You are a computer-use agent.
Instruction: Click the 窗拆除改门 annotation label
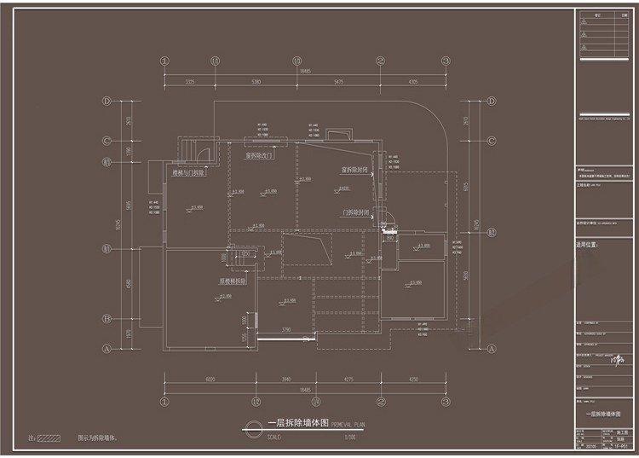click(259, 156)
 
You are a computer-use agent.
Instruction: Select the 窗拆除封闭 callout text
click(354, 169)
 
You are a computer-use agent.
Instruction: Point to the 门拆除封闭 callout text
click(356, 212)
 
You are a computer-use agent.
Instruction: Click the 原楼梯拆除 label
click(233, 281)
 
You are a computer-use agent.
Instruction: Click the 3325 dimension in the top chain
click(189, 82)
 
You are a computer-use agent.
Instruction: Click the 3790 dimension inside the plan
click(287, 329)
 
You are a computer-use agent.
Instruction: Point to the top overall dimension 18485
click(304, 72)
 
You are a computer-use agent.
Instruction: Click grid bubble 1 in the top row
click(164, 61)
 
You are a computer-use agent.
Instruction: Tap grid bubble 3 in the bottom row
click(445, 400)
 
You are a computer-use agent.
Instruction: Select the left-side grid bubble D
click(107, 101)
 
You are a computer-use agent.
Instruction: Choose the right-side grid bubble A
click(492, 348)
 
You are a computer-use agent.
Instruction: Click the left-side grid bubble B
click(107, 319)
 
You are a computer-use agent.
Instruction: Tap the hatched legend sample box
click(49, 438)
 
